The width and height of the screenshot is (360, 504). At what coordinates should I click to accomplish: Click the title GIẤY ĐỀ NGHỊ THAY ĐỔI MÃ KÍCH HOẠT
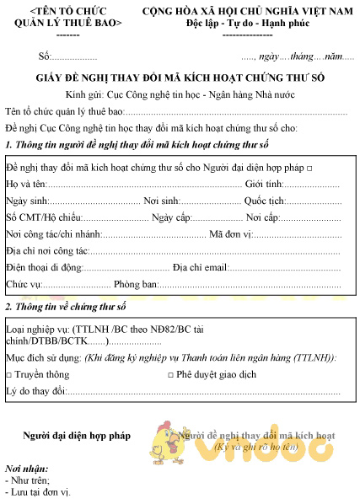(180, 77)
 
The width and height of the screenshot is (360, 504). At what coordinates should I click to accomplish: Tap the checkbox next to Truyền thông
(8, 374)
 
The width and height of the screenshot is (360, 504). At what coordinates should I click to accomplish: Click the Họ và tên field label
(24, 184)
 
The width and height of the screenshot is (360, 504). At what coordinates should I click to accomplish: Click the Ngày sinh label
(24, 203)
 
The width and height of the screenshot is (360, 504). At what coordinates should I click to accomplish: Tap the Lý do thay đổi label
(35, 392)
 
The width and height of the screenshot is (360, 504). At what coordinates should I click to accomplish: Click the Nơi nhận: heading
(26, 468)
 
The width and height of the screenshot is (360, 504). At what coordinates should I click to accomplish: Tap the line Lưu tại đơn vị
(38, 491)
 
